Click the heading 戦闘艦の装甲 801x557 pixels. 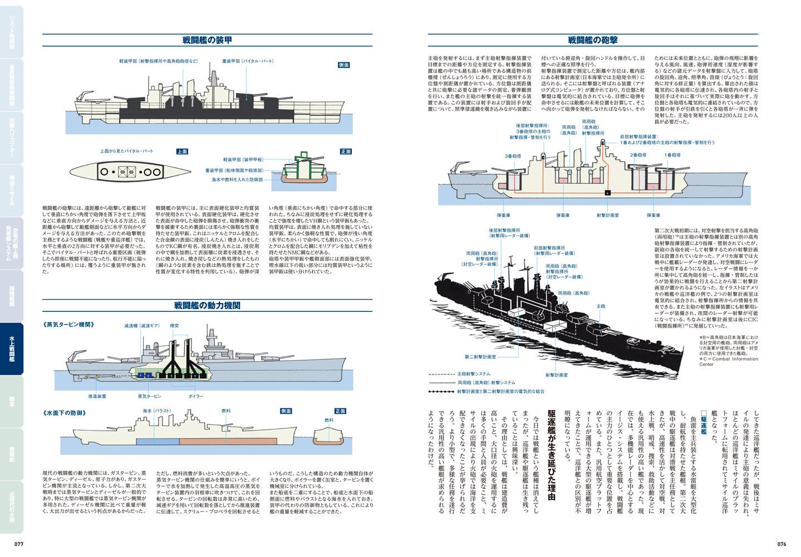click(x=207, y=40)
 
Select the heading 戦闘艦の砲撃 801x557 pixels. click(x=593, y=40)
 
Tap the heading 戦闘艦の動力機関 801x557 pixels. click(x=207, y=305)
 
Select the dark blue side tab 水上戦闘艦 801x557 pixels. click(x=12, y=349)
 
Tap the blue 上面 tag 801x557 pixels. click(x=183, y=152)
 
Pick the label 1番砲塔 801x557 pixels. click(x=672, y=155)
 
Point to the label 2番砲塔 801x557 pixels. click(x=638, y=155)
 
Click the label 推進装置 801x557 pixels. click(x=97, y=396)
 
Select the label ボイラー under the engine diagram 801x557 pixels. click(x=196, y=396)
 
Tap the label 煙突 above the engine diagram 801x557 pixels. click(x=174, y=325)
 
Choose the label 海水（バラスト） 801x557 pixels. click(x=154, y=411)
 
